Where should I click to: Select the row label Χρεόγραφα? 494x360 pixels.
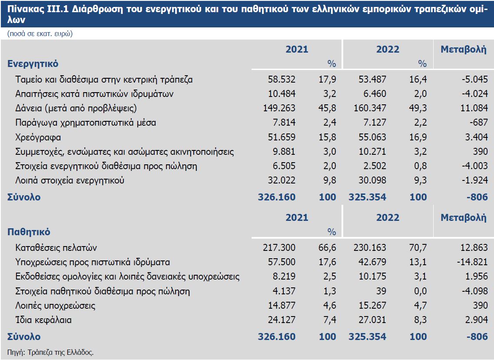pyautogui.click(x=38, y=137)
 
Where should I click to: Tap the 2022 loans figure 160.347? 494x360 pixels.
pyautogui.click(x=367, y=108)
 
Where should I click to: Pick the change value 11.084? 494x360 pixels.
pyautogui.click(x=473, y=108)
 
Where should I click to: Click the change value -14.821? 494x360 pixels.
pyautogui.click(x=471, y=262)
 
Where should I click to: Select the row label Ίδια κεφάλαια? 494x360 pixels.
pyautogui.click(x=43, y=320)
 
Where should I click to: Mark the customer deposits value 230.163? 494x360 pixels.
pyautogui.click(x=367, y=248)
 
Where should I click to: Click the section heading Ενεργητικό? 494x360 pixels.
pyautogui.click(x=33, y=63)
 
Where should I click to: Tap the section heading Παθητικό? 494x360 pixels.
pyautogui.click(x=29, y=232)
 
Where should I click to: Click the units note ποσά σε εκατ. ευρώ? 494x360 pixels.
pyautogui.click(x=40, y=34)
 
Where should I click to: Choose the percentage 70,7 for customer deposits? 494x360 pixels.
pyautogui.click(x=419, y=248)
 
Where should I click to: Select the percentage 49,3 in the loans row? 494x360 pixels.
pyautogui.click(x=419, y=108)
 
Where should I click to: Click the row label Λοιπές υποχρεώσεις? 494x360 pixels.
pyautogui.click(x=55, y=306)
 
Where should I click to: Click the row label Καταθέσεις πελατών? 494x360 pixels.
pyautogui.click(x=56, y=248)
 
